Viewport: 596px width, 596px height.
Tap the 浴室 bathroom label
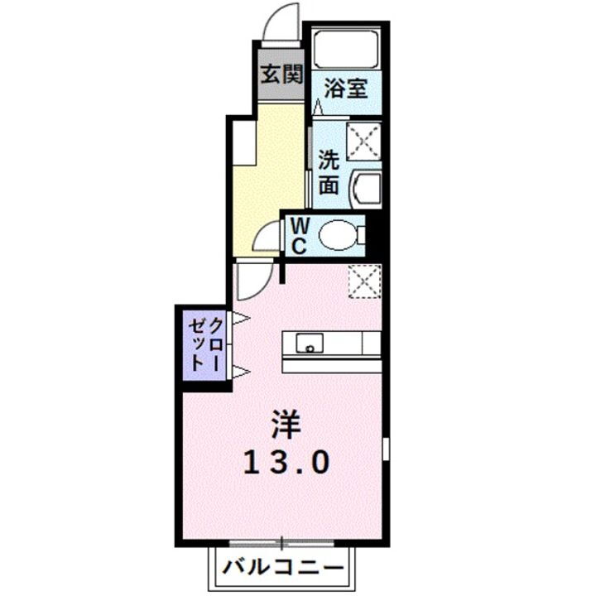click(346, 87)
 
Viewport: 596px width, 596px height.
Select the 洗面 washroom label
click(329, 171)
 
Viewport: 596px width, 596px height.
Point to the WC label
click(299, 235)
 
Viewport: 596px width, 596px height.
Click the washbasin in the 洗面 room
click(362, 190)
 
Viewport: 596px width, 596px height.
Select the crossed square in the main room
click(364, 279)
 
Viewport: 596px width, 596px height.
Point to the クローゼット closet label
click(204, 343)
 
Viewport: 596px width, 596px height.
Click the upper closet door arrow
click(240, 318)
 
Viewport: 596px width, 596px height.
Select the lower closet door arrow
click(240, 370)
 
